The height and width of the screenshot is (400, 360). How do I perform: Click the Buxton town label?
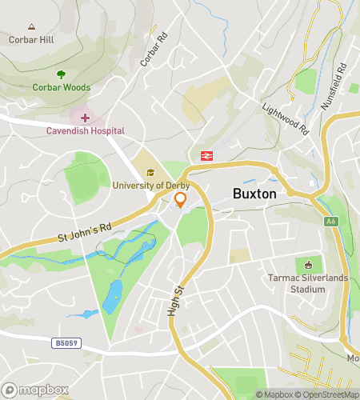click(254, 194)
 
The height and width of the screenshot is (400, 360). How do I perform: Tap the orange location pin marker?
click(181, 200)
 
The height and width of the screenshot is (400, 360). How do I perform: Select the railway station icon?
click(206, 155)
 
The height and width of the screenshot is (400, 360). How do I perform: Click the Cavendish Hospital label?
click(85, 130)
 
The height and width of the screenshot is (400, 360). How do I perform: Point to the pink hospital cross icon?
click(85, 118)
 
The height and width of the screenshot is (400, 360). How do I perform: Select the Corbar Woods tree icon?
click(61, 74)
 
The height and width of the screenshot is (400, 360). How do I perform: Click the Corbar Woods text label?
click(61, 87)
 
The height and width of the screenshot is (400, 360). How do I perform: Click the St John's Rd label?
click(83, 234)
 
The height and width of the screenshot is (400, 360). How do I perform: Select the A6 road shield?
click(330, 221)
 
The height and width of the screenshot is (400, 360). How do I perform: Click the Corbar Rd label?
click(154, 50)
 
